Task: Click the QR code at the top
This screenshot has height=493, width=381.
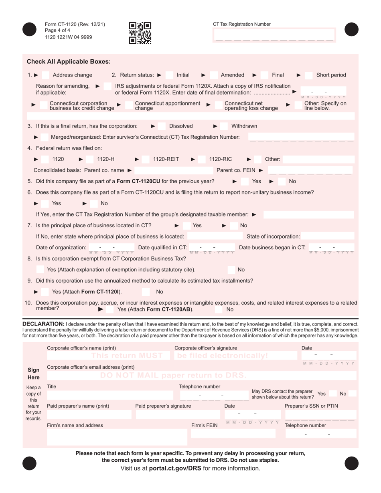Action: (140, 33)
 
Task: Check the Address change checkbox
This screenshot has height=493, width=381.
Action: (46, 75)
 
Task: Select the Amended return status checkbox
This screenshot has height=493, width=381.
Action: (214, 75)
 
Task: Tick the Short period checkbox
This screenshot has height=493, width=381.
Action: (309, 75)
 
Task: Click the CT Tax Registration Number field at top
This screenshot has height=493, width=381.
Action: (274, 36)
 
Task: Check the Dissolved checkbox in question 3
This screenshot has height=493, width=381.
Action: (161, 126)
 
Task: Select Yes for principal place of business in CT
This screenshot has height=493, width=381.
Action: (186, 226)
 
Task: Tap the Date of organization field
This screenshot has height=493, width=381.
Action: (111, 248)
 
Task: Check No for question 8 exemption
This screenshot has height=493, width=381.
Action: (231, 270)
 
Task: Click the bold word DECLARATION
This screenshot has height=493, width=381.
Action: (43, 324)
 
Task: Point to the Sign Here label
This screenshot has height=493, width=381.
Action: (34, 374)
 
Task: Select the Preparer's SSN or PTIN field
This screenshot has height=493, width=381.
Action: (320, 414)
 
